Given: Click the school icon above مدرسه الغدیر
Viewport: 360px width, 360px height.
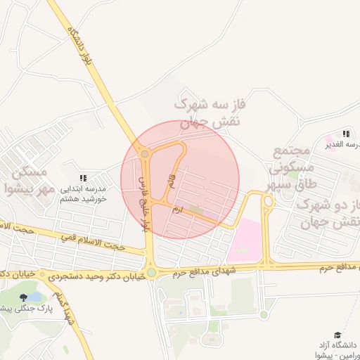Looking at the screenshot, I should (345, 133).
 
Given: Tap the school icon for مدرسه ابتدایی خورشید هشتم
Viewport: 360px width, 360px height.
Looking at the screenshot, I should (82, 179).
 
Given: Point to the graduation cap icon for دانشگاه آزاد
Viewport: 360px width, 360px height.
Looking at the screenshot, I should (337, 335).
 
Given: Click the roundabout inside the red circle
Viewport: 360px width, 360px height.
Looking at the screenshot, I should (145, 153).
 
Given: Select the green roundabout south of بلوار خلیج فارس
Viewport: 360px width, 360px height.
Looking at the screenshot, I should (150, 272).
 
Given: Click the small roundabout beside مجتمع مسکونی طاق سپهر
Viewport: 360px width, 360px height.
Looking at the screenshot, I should (267, 202).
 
